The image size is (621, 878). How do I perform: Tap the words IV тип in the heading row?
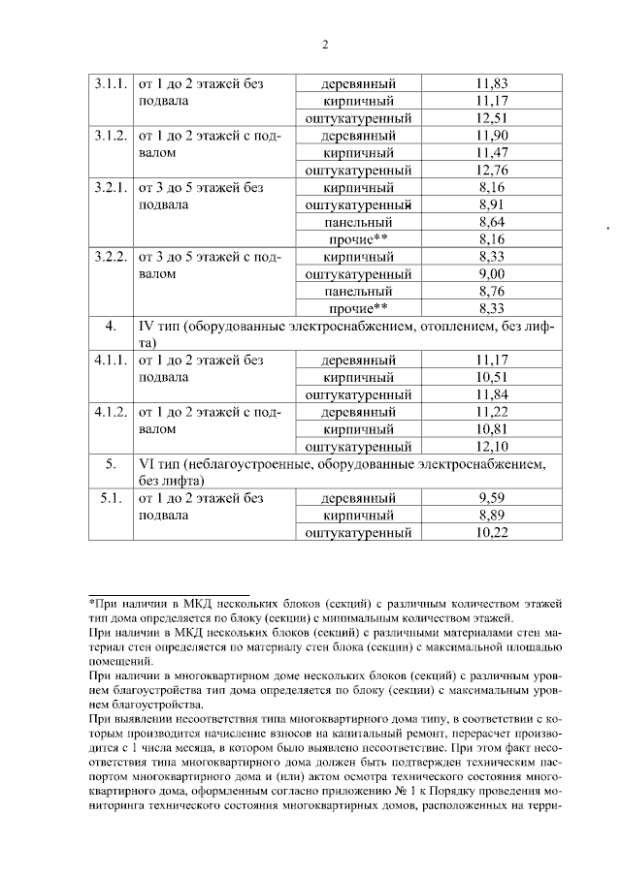coord(163,327)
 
